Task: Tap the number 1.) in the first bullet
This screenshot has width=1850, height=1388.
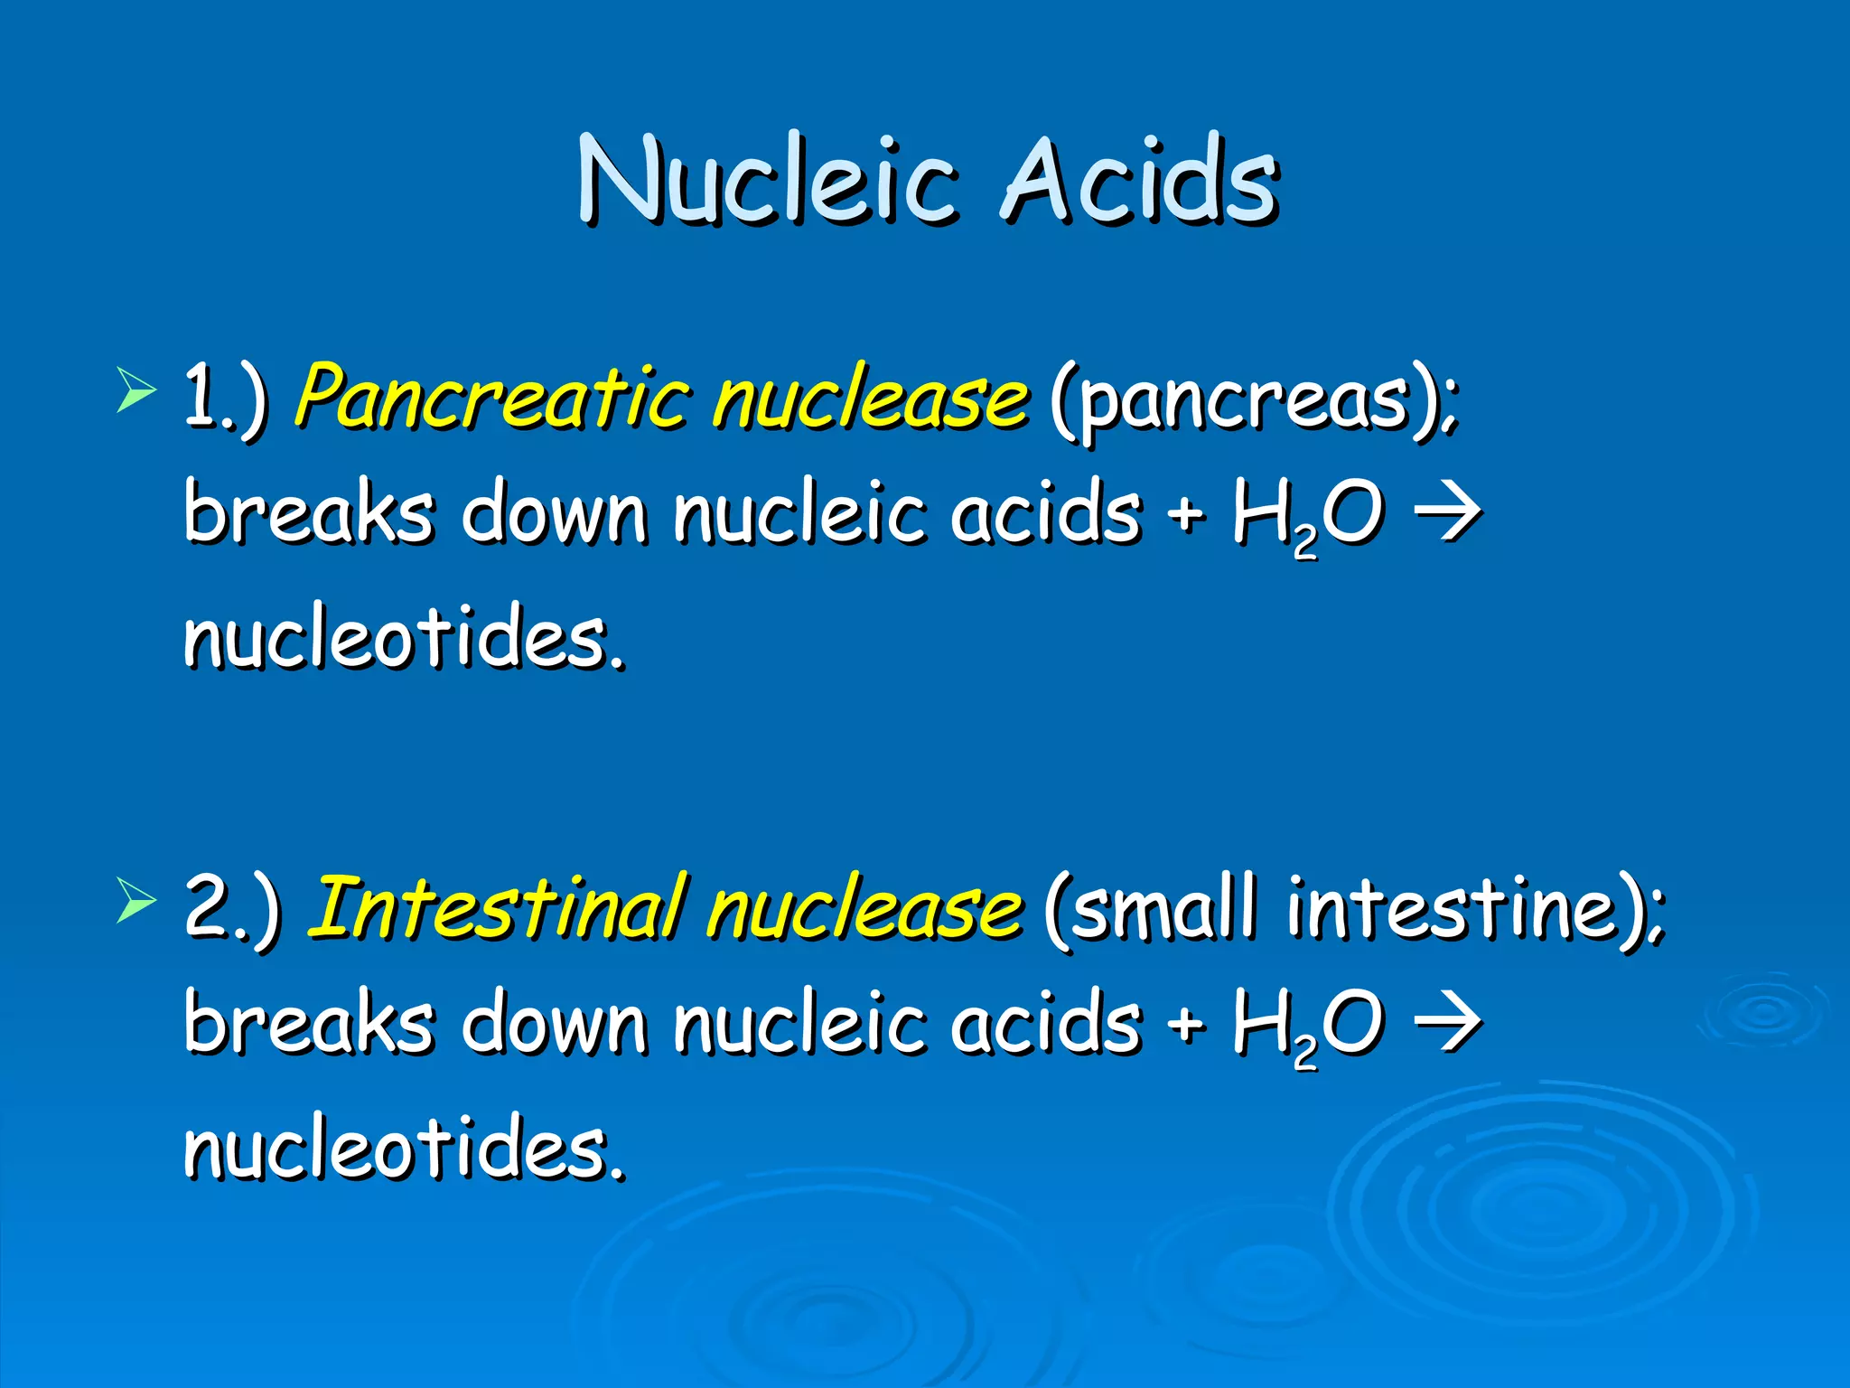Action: click(x=225, y=398)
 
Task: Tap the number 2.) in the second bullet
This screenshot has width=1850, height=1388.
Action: click(x=232, y=907)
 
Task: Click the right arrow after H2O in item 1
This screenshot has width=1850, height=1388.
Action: click(x=1447, y=513)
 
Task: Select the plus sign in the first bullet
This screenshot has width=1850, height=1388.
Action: click(x=1186, y=515)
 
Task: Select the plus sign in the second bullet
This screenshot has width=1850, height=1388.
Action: click(x=1186, y=1025)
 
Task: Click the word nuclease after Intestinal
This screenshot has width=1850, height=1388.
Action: click(x=864, y=907)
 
